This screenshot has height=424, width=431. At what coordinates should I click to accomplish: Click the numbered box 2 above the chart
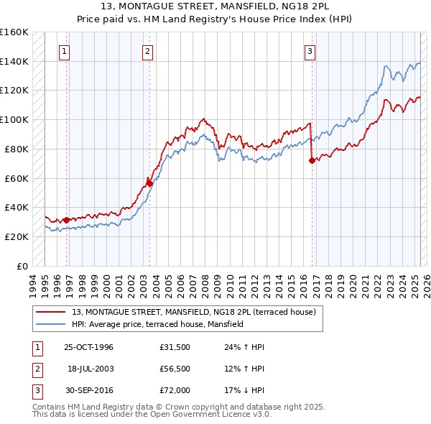pos(147,51)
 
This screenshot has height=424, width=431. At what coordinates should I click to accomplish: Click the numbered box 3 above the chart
pos(310,51)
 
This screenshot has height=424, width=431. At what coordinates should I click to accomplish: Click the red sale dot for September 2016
pos(312,161)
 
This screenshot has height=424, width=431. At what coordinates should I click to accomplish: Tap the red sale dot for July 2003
pos(150,183)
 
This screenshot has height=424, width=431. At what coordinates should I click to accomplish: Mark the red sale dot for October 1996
pos(66,220)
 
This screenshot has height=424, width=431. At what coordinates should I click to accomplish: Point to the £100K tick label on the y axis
pos(14,119)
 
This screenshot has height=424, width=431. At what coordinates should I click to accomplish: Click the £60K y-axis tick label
pos(17,178)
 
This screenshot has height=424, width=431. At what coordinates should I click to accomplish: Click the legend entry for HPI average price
pos(157,324)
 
